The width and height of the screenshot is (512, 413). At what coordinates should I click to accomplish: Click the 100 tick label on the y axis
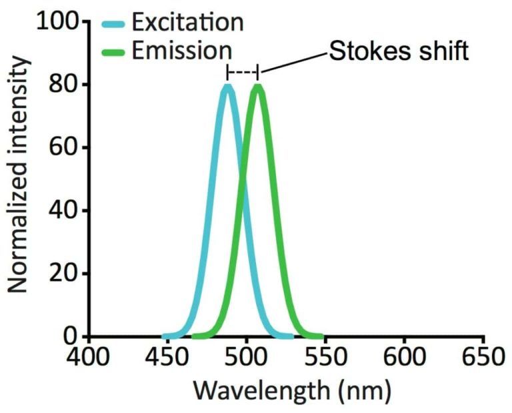(x=59, y=23)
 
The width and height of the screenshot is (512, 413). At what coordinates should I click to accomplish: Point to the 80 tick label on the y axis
(x=65, y=85)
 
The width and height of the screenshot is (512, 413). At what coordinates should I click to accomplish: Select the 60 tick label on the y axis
(x=65, y=148)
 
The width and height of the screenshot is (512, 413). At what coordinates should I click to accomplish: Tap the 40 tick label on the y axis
(x=65, y=211)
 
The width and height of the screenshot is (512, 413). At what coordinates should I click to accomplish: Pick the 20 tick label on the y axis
(x=65, y=274)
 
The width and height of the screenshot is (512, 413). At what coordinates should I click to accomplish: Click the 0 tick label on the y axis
(x=72, y=336)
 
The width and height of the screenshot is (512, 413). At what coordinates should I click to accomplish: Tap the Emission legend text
(x=181, y=51)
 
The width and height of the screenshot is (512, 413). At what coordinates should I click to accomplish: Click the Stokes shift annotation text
(x=399, y=52)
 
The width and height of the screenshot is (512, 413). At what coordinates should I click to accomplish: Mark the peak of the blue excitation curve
(x=228, y=86)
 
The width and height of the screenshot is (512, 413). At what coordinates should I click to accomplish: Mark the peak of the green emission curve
(x=257, y=86)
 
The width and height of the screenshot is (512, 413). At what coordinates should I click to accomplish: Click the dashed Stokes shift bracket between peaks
(x=243, y=71)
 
